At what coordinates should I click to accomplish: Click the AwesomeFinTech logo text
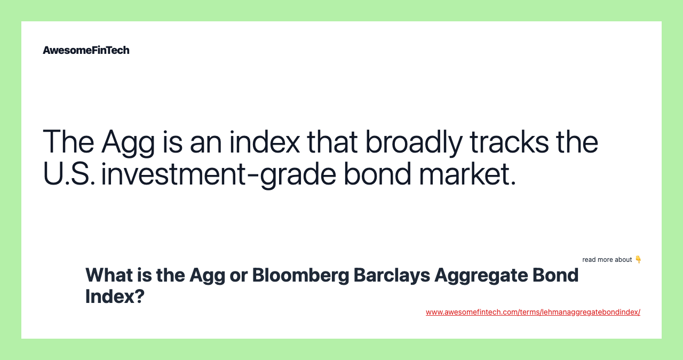(x=86, y=50)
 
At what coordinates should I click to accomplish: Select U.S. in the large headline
(x=69, y=174)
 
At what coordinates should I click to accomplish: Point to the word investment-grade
(x=218, y=174)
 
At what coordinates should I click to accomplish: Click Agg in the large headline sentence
(x=128, y=142)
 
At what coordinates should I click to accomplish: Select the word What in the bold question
(x=108, y=275)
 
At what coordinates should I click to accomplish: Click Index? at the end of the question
(x=115, y=297)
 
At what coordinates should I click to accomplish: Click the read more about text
(x=607, y=260)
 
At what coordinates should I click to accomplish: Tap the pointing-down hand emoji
(x=638, y=260)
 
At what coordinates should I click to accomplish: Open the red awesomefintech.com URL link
(x=533, y=312)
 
